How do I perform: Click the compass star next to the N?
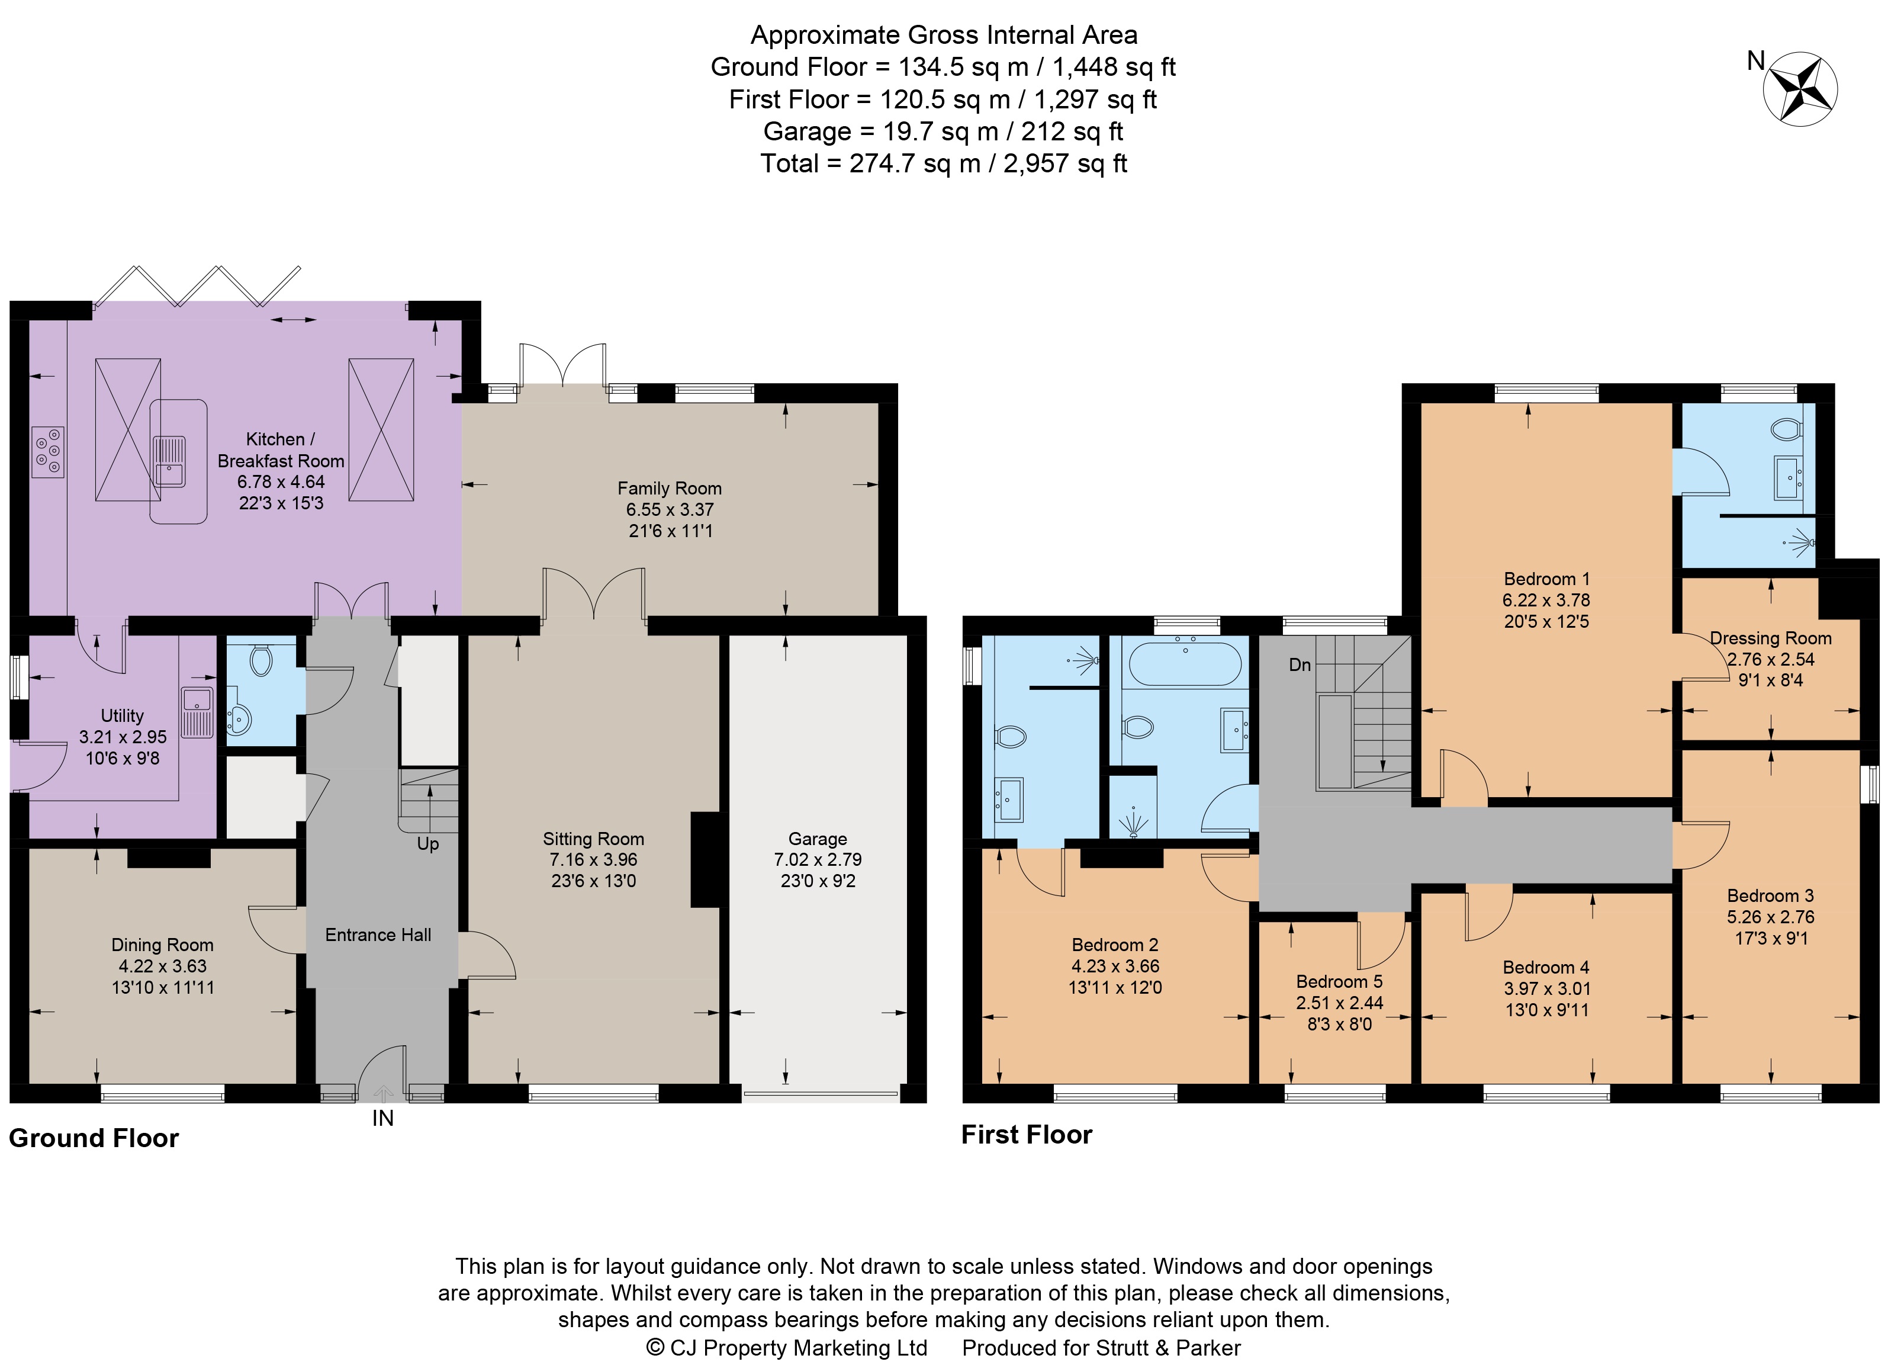(1800, 89)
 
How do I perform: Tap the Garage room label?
(818, 839)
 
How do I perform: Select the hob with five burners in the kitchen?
(47, 452)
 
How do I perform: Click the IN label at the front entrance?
(383, 1118)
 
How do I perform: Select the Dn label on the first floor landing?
(1300, 664)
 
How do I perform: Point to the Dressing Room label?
(1771, 638)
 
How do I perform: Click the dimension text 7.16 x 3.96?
(593, 860)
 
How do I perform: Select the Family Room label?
(669, 489)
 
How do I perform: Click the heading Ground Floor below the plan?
(94, 1138)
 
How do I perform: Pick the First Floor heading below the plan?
(1027, 1134)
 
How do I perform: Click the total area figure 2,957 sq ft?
(1066, 163)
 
